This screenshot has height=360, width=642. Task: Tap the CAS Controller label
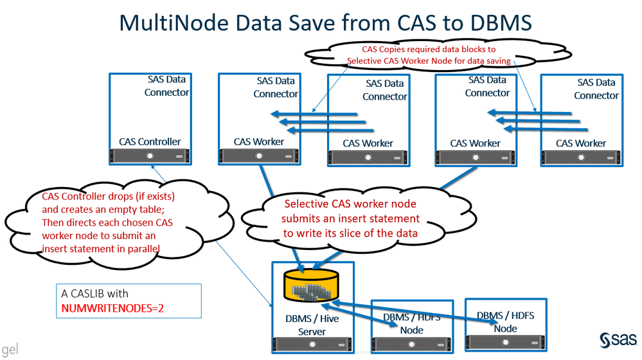click(x=150, y=141)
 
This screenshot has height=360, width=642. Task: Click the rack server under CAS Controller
click(x=150, y=156)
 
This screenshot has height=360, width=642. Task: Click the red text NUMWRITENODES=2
click(x=113, y=308)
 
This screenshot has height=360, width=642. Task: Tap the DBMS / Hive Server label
click(x=312, y=325)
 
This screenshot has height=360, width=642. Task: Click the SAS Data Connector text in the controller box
click(x=166, y=85)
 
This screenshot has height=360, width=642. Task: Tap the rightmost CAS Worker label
click(x=581, y=143)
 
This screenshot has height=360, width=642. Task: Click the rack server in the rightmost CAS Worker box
click(x=581, y=157)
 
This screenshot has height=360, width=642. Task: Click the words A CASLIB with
click(x=95, y=293)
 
